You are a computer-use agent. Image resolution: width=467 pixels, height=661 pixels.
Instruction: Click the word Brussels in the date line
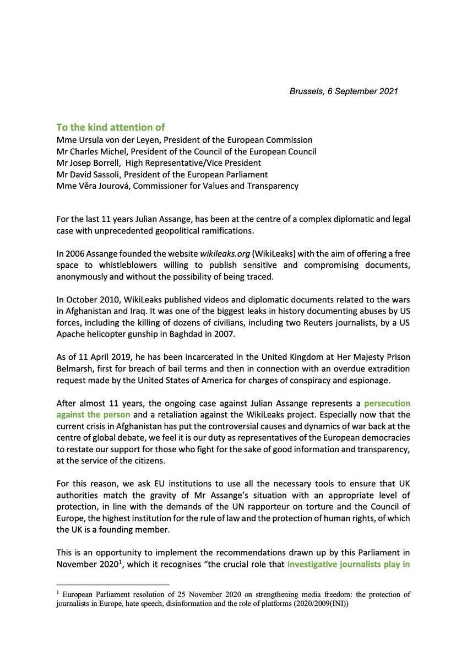click(x=306, y=91)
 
